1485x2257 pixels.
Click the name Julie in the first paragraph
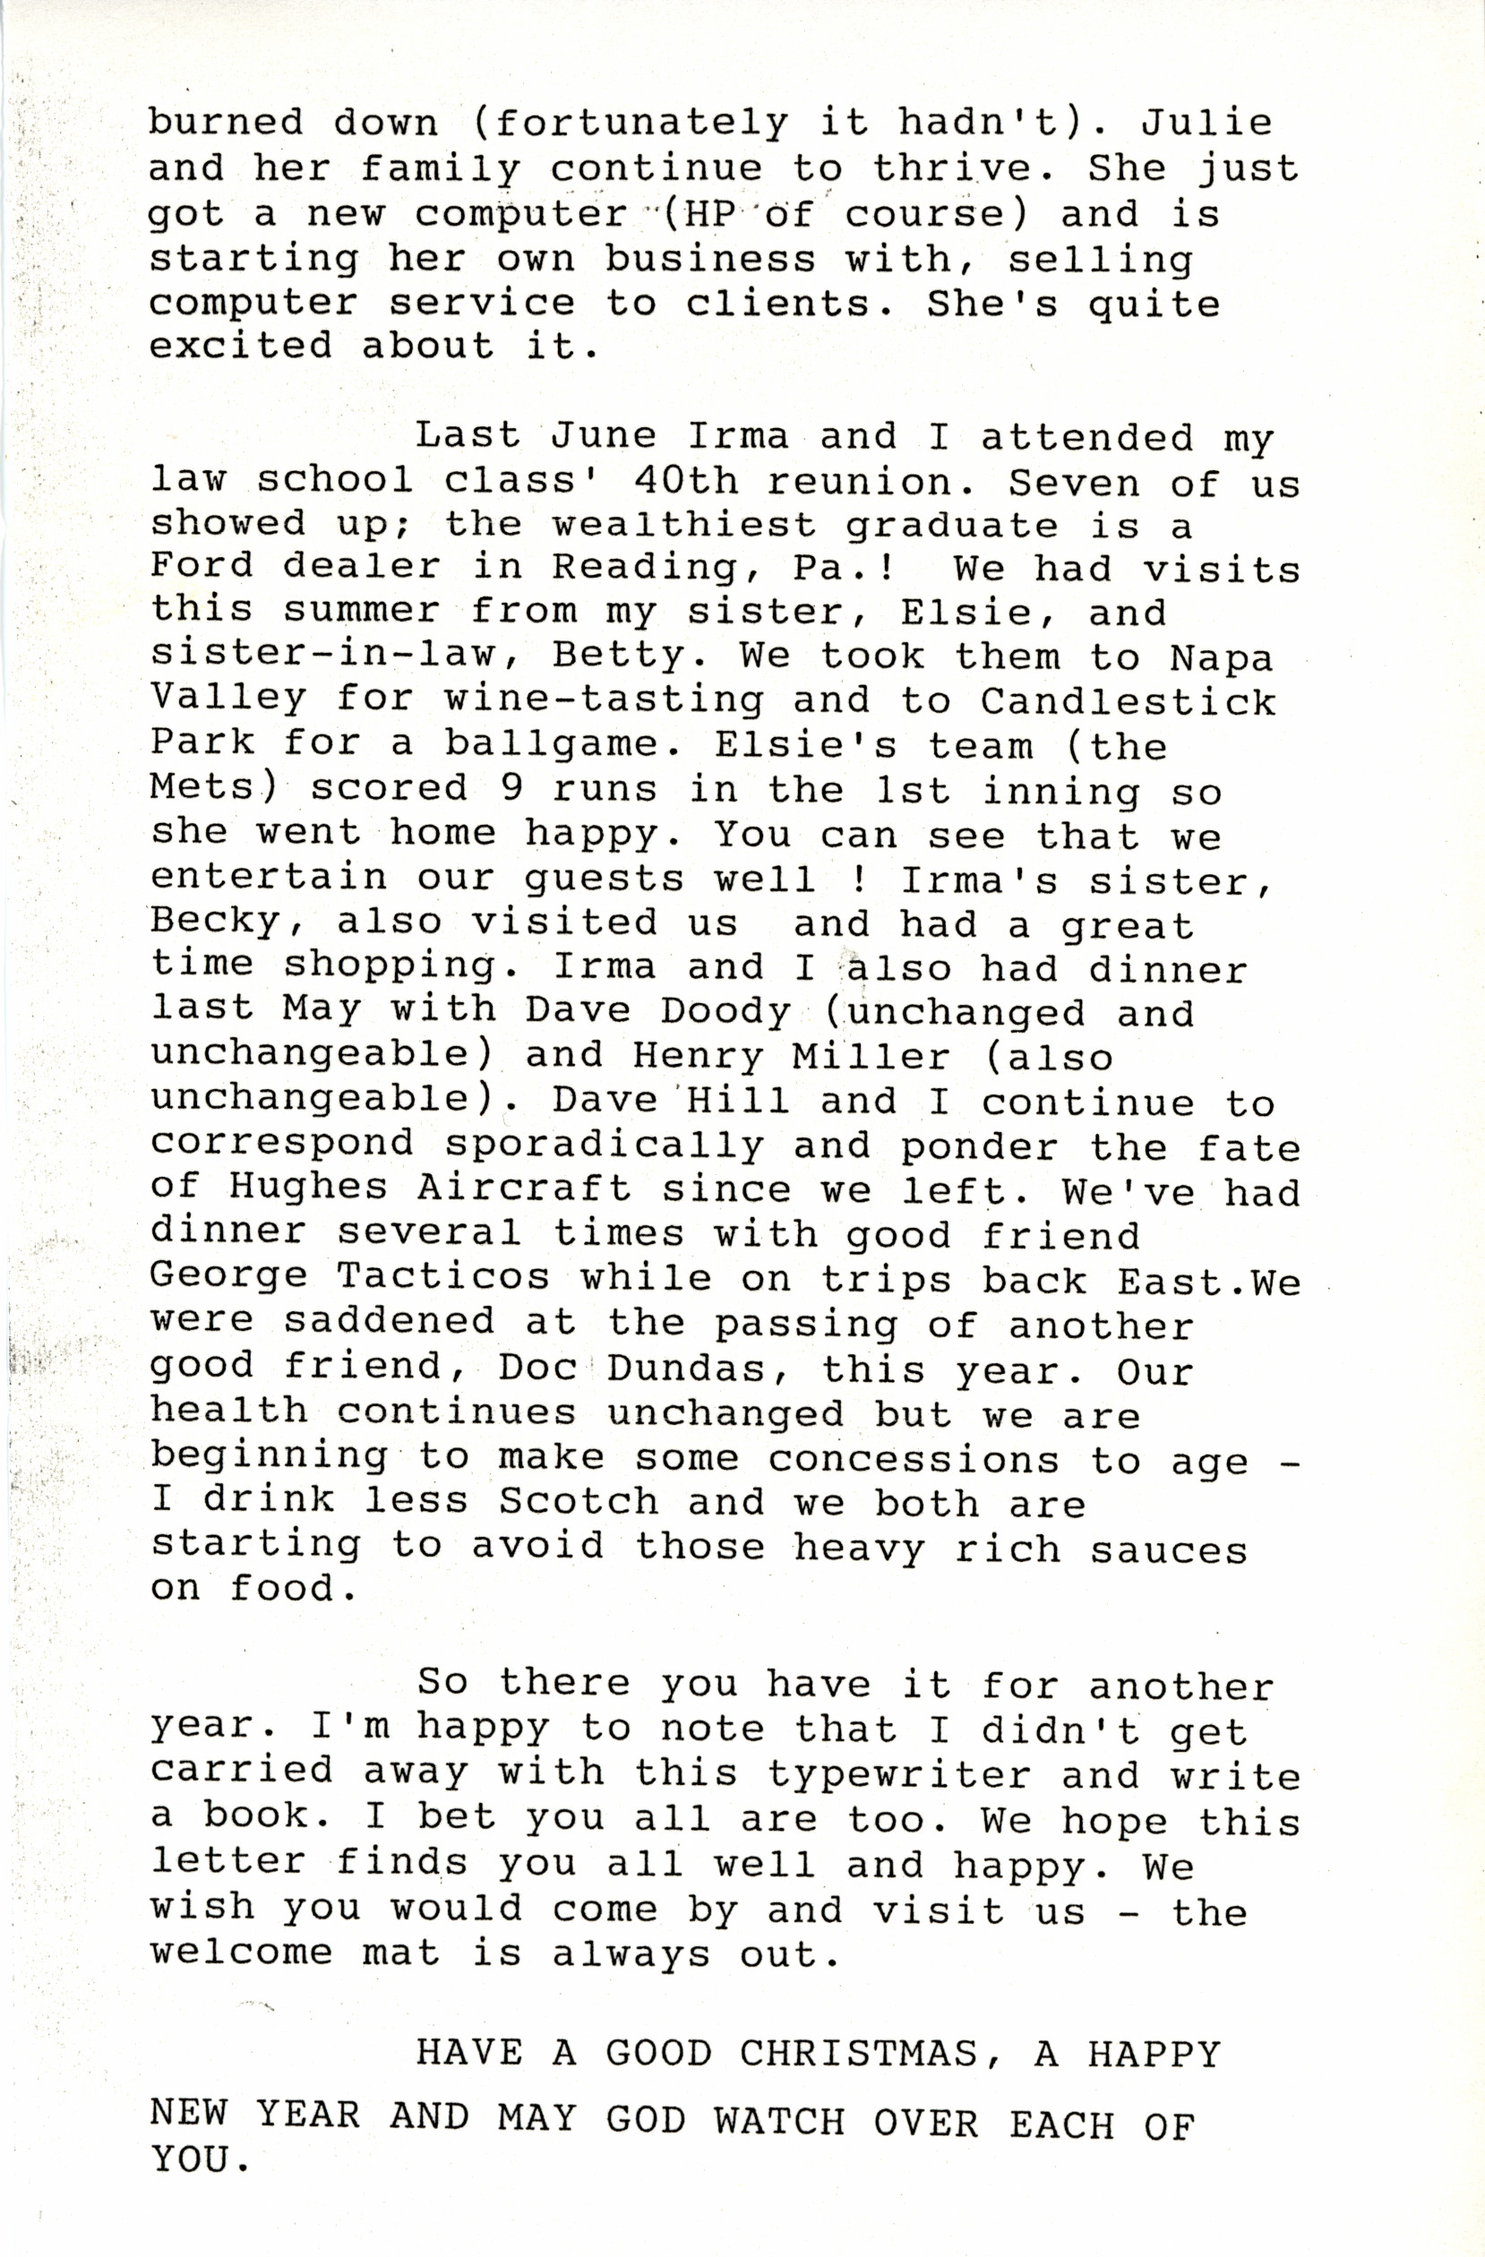[1206, 124]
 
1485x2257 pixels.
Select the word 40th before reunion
[685, 482]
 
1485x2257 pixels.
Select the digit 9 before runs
[511, 788]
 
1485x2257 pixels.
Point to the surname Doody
[725, 1012]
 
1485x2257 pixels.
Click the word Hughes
[309, 1189]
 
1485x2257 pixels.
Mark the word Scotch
[579, 1501]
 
